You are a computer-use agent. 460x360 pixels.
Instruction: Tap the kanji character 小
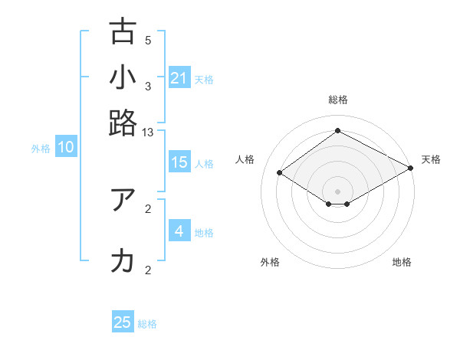pyautogui.click(x=123, y=77)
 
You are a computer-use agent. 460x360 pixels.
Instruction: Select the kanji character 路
pyautogui.click(x=123, y=123)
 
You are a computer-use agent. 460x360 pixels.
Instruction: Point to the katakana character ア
pyautogui.click(x=123, y=199)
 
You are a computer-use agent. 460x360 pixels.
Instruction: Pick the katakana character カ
pyautogui.click(x=123, y=261)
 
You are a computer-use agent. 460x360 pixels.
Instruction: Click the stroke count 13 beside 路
pyautogui.click(x=147, y=133)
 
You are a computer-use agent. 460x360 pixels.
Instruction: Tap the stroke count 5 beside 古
pyautogui.click(x=148, y=41)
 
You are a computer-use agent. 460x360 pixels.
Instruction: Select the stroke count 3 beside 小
pyautogui.click(x=148, y=87)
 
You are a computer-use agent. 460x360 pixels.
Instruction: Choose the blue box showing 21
pyautogui.click(x=179, y=78)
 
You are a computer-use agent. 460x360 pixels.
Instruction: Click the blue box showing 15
pyautogui.click(x=179, y=162)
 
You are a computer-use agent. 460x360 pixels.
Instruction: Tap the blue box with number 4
pyautogui.click(x=179, y=231)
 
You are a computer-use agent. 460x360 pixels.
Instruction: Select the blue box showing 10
pyautogui.click(x=66, y=148)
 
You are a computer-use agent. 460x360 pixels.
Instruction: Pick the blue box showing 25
pyautogui.click(x=123, y=322)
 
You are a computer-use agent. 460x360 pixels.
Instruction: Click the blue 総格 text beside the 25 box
pyautogui.click(x=147, y=324)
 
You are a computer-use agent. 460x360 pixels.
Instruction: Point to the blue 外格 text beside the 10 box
pyautogui.click(x=41, y=149)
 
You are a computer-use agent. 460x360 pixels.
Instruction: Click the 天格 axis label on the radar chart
pyautogui.click(x=431, y=159)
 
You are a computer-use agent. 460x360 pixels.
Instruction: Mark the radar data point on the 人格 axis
pyautogui.click(x=279, y=173)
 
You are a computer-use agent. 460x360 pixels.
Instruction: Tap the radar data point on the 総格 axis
pyautogui.click(x=337, y=131)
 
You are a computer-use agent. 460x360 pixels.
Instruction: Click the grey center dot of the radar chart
pyautogui.click(x=337, y=191)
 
